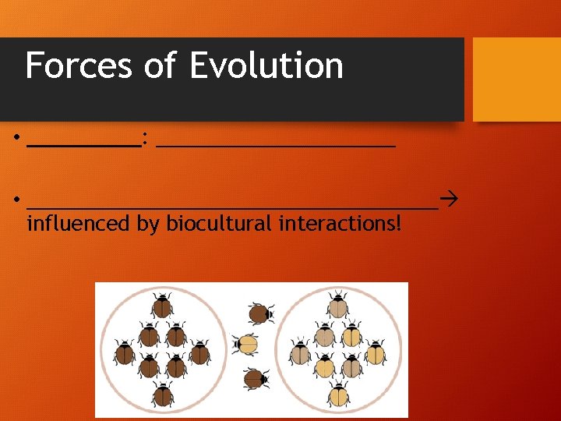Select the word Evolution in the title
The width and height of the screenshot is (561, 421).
266,65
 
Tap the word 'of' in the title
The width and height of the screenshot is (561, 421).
161,65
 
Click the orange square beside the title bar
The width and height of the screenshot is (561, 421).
517,80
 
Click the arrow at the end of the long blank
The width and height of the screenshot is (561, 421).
448,201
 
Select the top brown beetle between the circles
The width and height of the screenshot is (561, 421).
260,313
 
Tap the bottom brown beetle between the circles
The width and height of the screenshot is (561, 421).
256,379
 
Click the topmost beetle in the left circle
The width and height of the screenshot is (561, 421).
162,306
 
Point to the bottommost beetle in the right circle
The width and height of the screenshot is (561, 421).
339,394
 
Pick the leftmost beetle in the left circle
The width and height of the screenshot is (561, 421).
125,353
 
